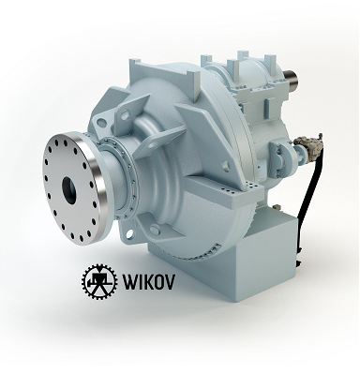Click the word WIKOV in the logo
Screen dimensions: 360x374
pos(148,281)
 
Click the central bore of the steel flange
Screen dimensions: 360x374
pos(69,190)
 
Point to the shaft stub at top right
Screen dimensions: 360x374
pos(292,79)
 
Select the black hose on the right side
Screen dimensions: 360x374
pos(309,200)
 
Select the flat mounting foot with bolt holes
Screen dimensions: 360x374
pos(226,190)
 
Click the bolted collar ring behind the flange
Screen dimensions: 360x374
pos(125,178)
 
